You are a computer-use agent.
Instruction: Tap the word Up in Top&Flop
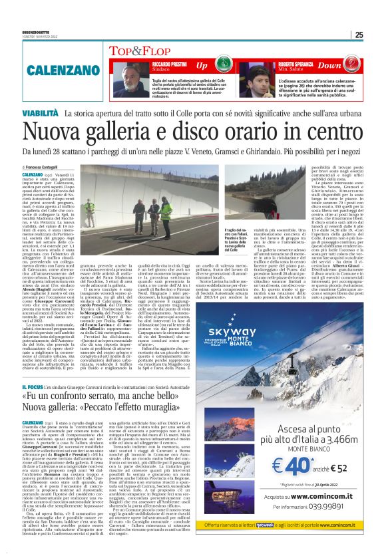point(202,65)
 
